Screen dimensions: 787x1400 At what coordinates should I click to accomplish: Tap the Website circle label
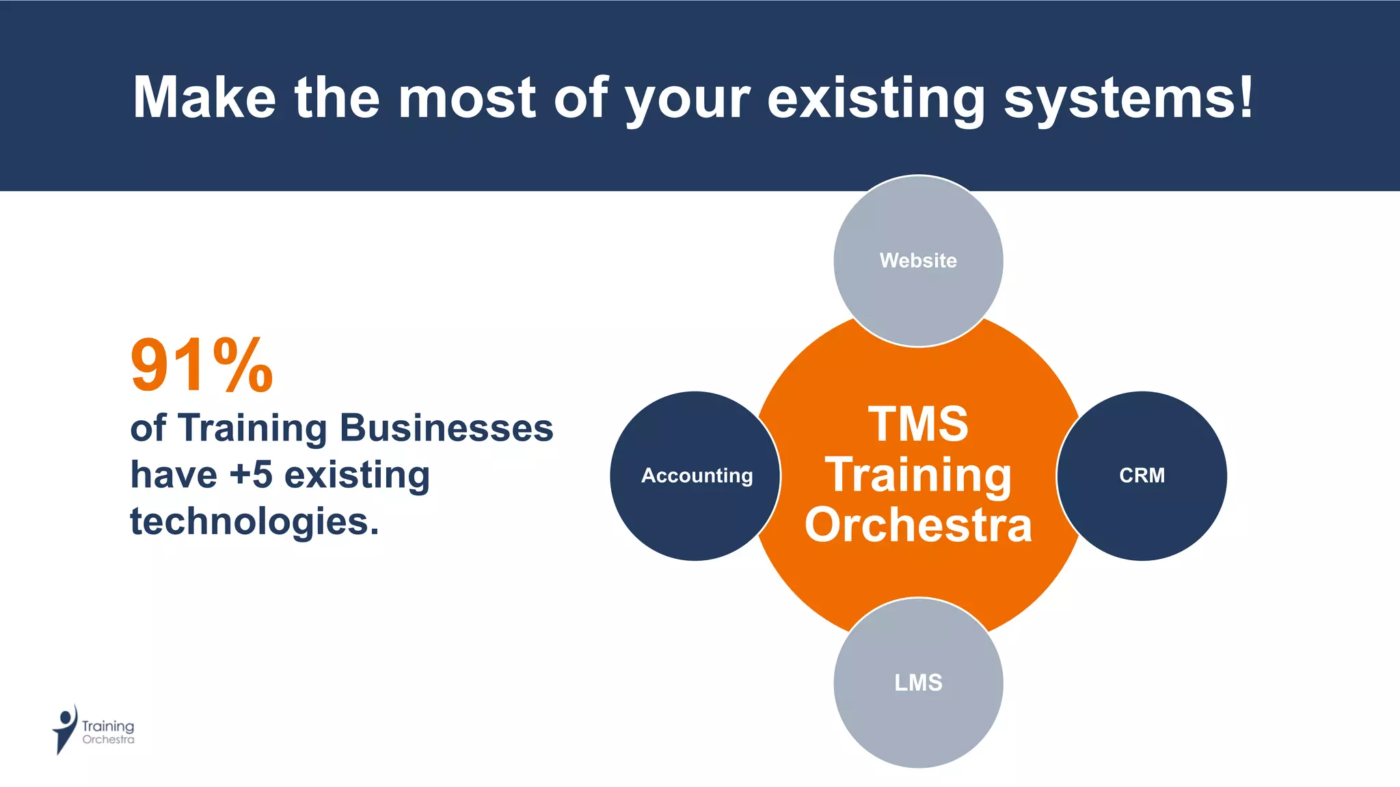tap(918, 260)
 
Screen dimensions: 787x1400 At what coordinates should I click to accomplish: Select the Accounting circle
tap(696, 475)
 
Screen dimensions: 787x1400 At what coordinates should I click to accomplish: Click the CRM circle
tap(1142, 475)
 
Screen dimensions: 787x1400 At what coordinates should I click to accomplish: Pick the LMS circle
tap(918, 682)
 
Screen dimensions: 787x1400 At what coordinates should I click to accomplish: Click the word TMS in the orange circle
tap(918, 424)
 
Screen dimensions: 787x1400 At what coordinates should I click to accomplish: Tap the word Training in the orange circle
tap(918, 475)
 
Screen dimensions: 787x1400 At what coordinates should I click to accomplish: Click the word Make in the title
tap(204, 97)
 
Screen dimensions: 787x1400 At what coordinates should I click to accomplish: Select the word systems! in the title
tap(1129, 97)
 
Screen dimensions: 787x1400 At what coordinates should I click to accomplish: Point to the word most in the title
tap(467, 97)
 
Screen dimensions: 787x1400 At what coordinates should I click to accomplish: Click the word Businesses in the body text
tap(446, 428)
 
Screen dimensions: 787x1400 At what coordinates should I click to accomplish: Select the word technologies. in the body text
tap(254, 521)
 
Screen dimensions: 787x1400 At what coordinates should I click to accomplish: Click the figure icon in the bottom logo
tap(64, 729)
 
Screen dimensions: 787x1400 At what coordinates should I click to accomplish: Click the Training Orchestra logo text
tap(108, 732)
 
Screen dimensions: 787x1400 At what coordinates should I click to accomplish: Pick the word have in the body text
tap(174, 475)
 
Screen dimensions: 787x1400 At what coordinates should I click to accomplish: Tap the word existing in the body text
tap(357, 475)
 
